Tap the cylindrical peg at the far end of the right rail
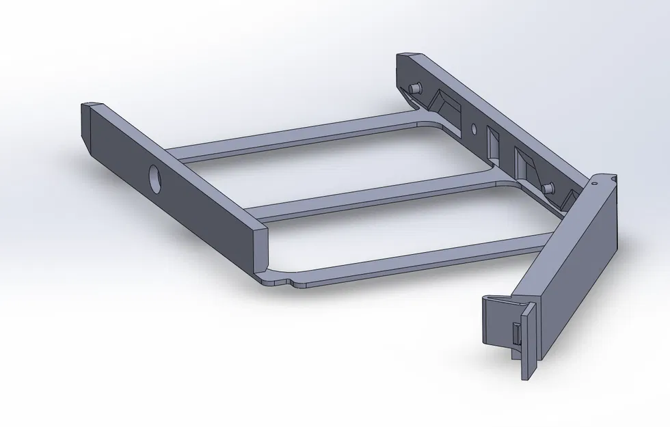(414, 89)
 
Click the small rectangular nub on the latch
(515, 335)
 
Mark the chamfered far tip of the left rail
(92, 106)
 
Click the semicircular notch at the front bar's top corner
(613, 179)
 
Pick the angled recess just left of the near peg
(524, 164)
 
